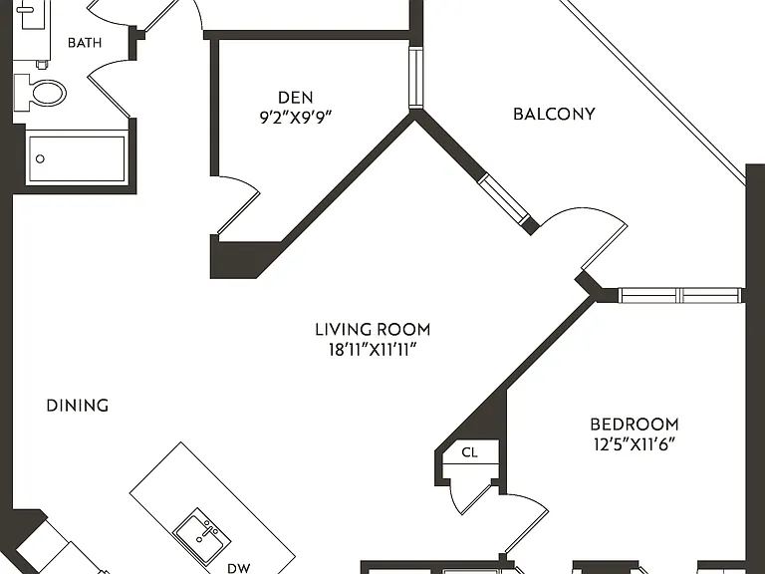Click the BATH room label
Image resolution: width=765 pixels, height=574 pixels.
point(85,43)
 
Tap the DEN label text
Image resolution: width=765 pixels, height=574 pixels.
point(296,97)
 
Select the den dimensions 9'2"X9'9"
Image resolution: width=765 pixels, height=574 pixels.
point(296,118)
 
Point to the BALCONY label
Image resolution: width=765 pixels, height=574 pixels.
point(554,114)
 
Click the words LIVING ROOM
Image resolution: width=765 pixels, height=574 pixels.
point(373,330)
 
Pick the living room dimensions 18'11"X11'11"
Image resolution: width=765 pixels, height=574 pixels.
point(373,350)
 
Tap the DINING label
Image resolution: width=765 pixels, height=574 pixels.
point(78,406)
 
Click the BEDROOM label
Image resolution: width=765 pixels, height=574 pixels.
point(635,425)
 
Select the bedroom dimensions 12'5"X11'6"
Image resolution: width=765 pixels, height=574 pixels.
point(635,444)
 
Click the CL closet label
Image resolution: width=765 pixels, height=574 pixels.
point(469,452)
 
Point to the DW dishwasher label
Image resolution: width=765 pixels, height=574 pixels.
point(239,568)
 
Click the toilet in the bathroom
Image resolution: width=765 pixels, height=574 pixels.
point(40,93)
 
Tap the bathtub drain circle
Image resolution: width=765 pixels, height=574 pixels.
point(41,158)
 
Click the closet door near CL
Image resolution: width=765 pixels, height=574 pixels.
point(469,498)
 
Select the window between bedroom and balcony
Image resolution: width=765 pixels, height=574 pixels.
point(680,295)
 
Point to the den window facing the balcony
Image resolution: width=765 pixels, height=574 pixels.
point(415,78)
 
